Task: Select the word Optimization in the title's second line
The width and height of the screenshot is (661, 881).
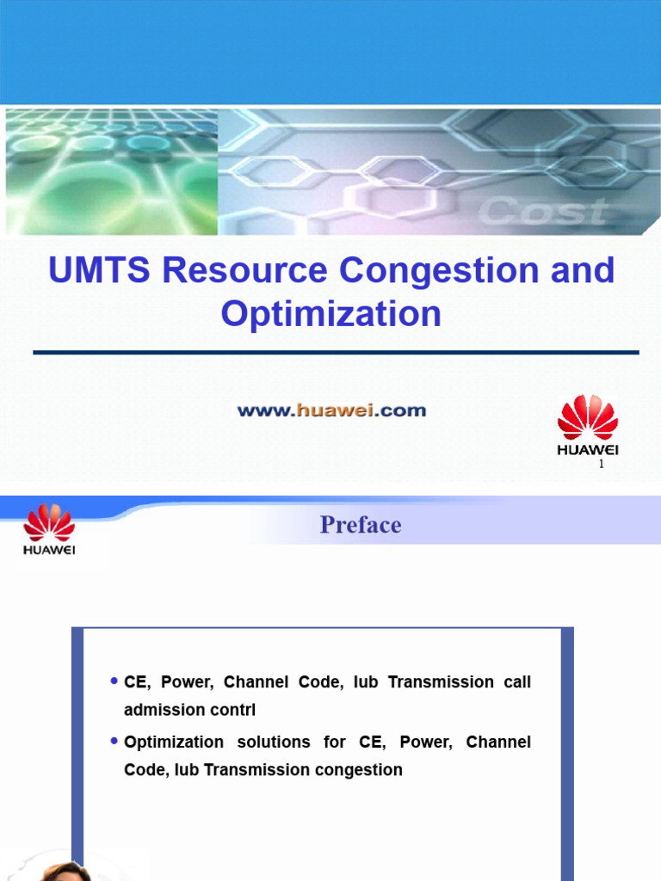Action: coord(331,313)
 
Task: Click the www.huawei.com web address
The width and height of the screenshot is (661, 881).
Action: coord(331,410)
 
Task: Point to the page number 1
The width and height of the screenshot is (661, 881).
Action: coord(602,465)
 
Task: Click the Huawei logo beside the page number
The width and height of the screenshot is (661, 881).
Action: coord(588,424)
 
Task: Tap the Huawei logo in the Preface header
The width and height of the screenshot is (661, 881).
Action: coord(49,529)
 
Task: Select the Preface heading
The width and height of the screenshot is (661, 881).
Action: coord(361,525)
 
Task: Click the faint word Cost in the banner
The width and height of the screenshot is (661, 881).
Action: coord(542,211)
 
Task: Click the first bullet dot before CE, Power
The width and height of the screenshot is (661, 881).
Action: coord(114,681)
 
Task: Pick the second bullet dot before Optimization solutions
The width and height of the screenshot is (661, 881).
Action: coord(114,741)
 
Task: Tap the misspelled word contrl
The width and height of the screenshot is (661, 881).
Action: coord(231,711)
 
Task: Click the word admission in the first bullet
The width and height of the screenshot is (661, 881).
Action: coord(161,711)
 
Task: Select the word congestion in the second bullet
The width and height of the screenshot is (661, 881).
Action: coord(361,770)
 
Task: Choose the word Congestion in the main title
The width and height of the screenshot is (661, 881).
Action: coord(433,270)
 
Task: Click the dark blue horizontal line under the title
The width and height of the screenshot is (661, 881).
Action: coord(336,352)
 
